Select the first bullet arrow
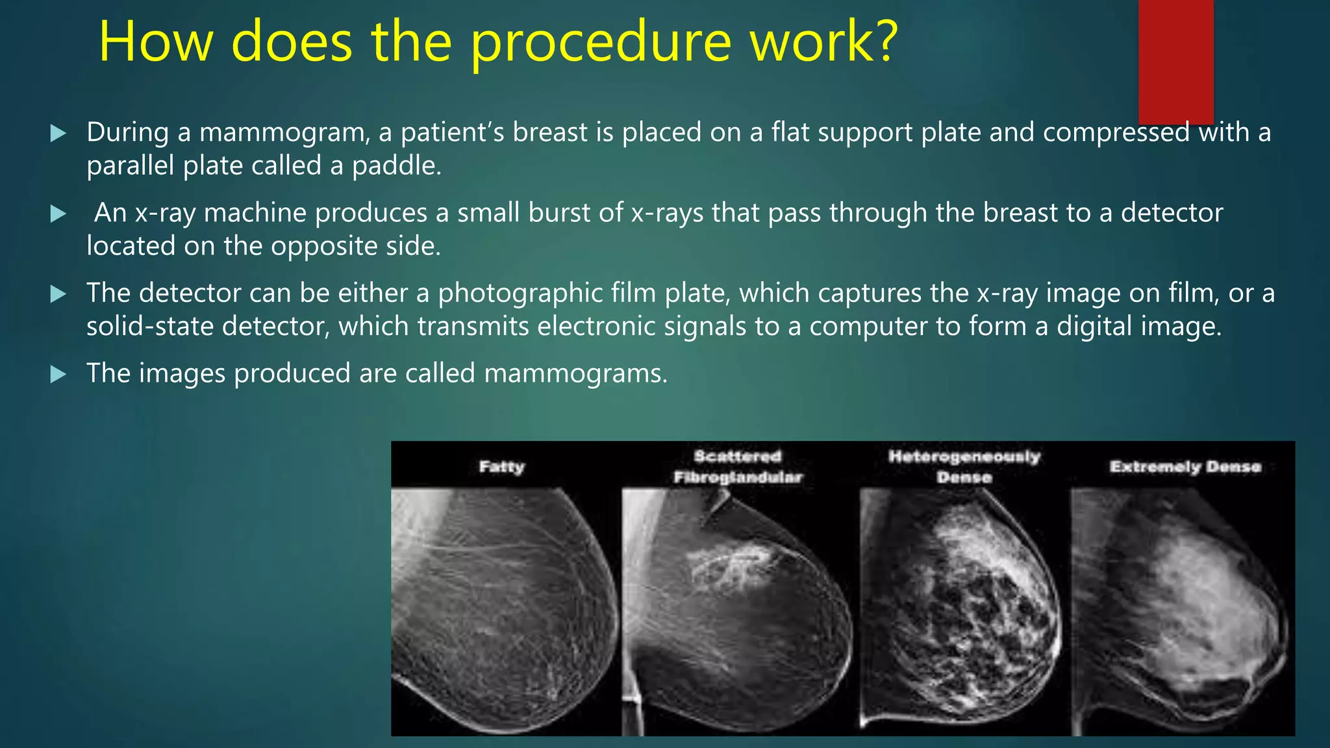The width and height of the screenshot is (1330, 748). pyautogui.click(x=58, y=134)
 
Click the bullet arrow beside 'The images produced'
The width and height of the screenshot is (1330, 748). pyautogui.click(x=58, y=374)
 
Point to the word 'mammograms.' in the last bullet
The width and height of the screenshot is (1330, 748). pyautogui.click(x=575, y=374)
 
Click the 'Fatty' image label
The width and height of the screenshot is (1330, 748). pyautogui.click(x=501, y=466)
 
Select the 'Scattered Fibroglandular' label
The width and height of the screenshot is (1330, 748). pyautogui.click(x=738, y=467)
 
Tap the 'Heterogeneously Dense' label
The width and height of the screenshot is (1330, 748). pyautogui.click(x=964, y=467)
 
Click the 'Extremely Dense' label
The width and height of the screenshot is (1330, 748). pyautogui.click(x=1185, y=467)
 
